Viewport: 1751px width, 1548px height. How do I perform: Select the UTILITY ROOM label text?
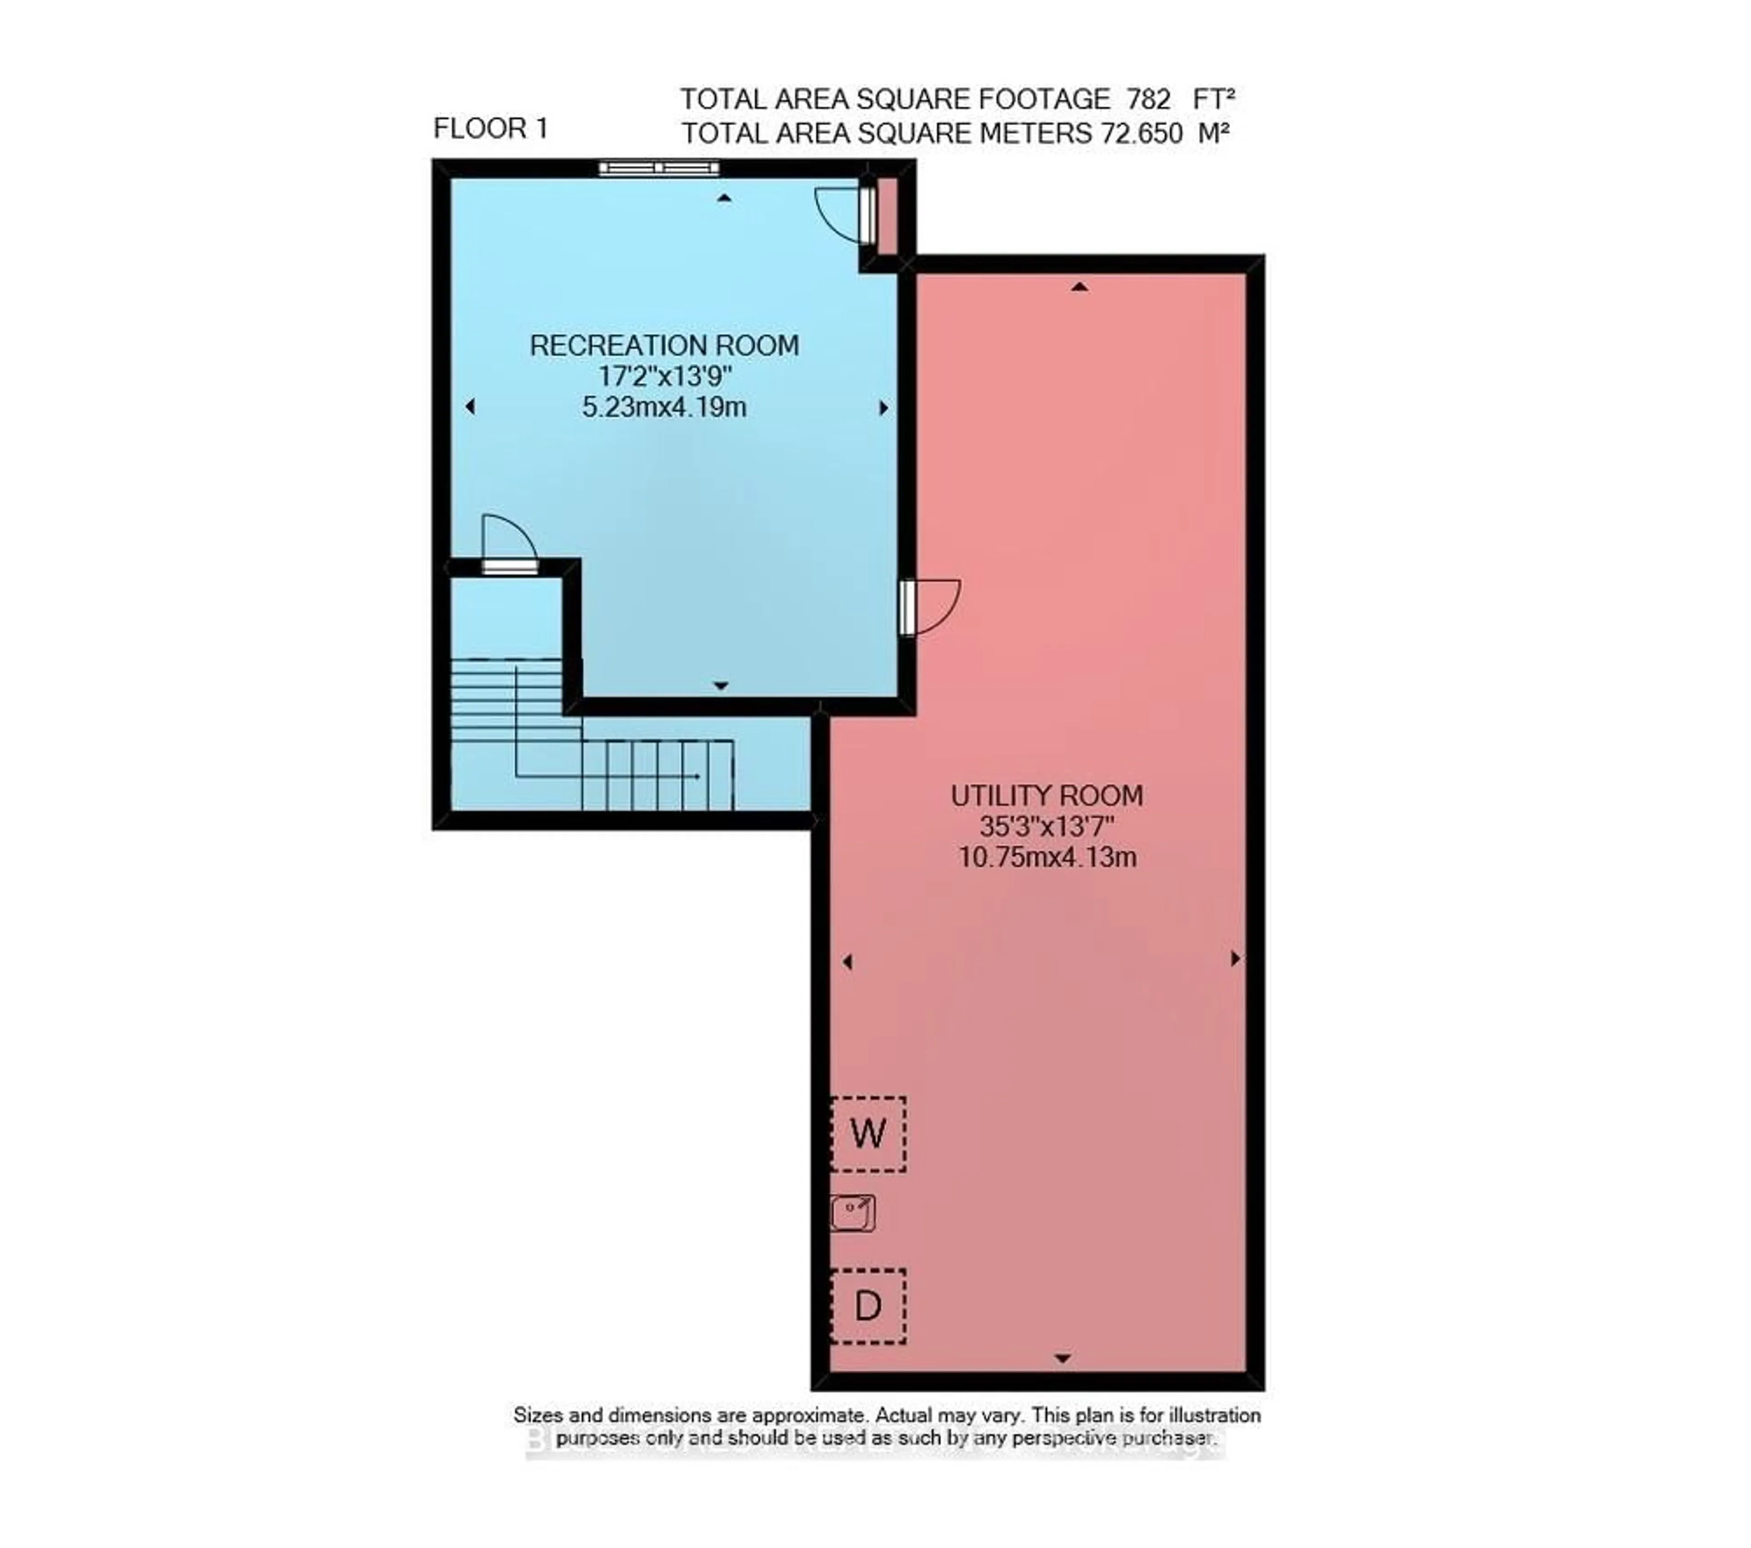(x=1047, y=795)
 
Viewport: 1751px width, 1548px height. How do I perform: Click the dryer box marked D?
(x=868, y=1305)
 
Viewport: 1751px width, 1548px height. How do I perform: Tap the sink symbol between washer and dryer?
(x=852, y=1213)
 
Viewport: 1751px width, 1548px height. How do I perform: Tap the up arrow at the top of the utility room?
(x=1079, y=287)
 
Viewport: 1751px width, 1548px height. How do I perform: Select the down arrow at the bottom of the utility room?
(x=1062, y=1358)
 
